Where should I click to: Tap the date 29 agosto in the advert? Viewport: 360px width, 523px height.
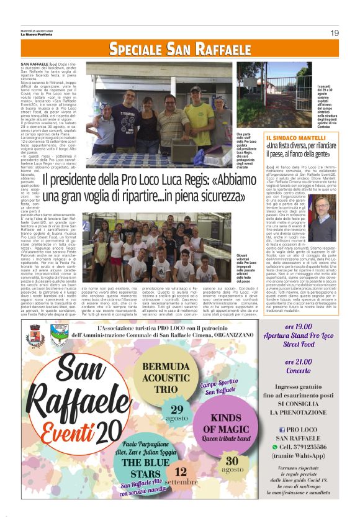click(176, 412)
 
